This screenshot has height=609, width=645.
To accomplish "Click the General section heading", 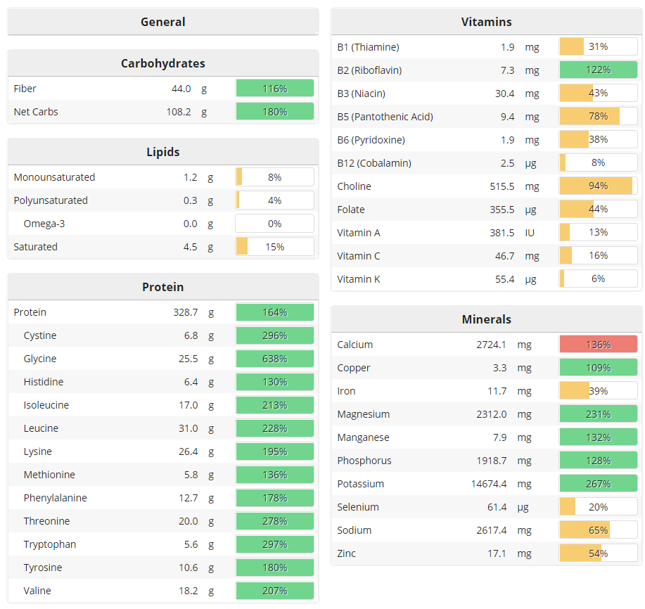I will tap(162, 22).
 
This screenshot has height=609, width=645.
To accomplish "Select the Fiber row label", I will tap(25, 89).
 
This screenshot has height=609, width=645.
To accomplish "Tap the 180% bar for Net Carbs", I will tap(274, 112).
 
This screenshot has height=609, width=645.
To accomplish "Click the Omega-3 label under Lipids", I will tap(44, 224).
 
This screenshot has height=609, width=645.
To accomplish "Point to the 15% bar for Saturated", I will tap(274, 247).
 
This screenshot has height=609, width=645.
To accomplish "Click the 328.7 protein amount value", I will tap(185, 312).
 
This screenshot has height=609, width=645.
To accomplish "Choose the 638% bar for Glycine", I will tap(274, 359).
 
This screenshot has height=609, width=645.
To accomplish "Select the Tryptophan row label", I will tap(50, 544).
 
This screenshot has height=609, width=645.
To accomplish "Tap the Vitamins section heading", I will tap(486, 22).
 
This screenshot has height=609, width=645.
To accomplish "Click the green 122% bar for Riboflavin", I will tap(598, 70).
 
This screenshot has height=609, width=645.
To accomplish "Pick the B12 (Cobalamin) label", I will tap(374, 163).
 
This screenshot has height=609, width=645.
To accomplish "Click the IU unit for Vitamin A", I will tap(530, 233).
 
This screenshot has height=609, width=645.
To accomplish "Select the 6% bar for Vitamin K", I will tap(598, 279).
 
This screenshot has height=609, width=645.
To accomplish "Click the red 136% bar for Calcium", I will tap(598, 345).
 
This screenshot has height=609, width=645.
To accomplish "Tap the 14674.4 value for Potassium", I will tap(489, 484).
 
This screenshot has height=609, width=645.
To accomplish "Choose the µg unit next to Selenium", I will tap(523, 507).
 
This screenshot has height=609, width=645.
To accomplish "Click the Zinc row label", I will tap(347, 553).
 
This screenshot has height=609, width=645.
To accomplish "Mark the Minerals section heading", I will tap(486, 319).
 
